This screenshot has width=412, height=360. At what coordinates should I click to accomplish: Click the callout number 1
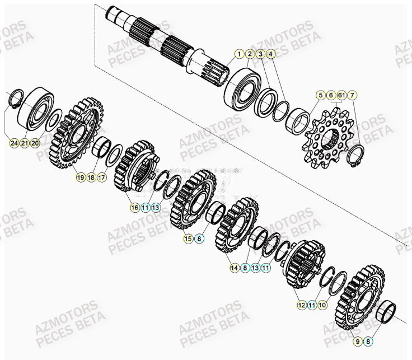[240, 54]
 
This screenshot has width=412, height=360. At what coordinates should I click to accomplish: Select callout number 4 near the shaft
[271, 54]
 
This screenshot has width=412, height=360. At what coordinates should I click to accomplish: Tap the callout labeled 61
[341, 95]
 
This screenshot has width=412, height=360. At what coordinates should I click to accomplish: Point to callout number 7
[352, 95]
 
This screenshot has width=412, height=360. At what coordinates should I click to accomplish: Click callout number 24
[14, 143]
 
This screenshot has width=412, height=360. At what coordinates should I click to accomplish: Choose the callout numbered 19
[81, 177]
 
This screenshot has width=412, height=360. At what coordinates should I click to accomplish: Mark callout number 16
[134, 207]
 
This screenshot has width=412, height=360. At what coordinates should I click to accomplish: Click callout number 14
[235, 268]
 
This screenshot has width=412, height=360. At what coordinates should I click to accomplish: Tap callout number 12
[302, 305]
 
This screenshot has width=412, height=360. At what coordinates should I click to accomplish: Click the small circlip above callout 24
[17, 100]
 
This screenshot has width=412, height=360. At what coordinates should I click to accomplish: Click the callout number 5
[320, 95]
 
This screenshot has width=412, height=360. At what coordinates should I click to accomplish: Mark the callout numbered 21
[25, 143]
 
